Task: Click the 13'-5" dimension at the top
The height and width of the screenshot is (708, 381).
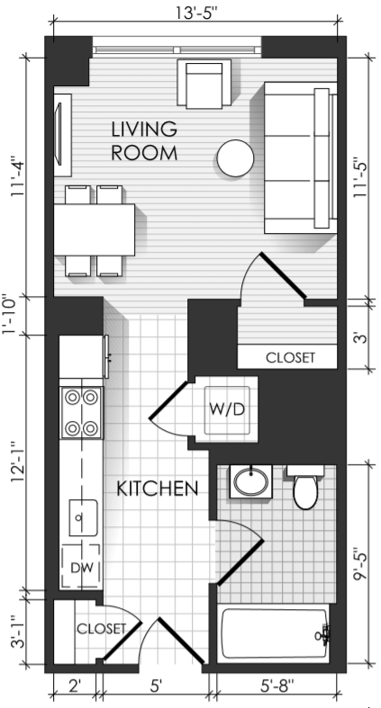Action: click(196, 13)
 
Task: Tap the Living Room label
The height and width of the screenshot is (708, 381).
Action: click(144, 141)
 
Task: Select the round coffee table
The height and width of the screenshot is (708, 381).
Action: click(235, 158)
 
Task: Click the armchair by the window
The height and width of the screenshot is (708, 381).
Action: click(204, 84)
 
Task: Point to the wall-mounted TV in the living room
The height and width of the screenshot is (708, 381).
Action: click(59, 135)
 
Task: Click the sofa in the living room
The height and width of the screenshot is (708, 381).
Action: click(301, 157)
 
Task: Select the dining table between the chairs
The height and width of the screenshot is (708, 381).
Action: click(94, 229)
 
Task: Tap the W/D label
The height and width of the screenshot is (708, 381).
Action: click(227, 409)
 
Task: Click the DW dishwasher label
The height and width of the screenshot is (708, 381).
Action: click(81, 568)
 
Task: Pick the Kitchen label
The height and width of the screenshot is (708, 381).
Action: click(158, 488)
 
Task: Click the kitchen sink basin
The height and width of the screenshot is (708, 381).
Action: click(83, 518)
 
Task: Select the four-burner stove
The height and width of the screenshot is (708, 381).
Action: click(82, 412)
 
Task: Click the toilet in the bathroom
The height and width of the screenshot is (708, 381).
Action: click(305, 488)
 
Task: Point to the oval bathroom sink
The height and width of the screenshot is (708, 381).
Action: click(250, 481)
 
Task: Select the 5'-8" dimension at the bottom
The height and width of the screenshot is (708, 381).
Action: click(277, 686)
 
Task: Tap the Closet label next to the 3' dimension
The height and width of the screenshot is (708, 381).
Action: click(290, 358)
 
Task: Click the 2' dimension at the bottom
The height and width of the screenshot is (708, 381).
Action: click(75, 686)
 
